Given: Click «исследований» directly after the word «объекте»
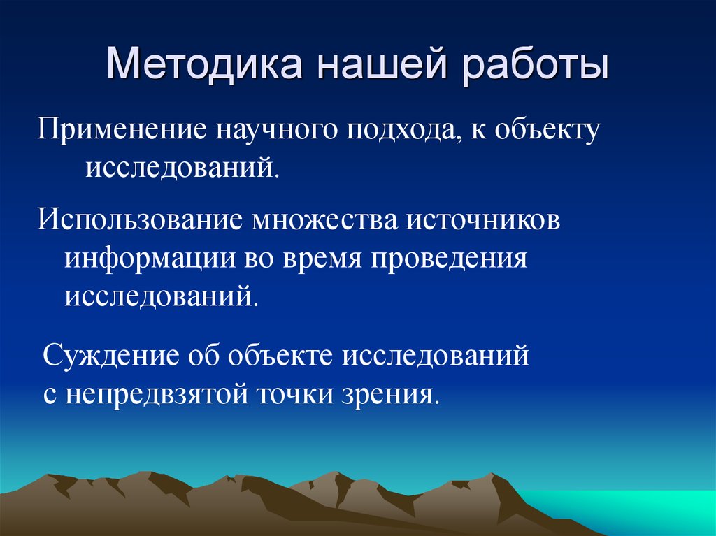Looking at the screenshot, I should pyautogui.click(x=434, y=356).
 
